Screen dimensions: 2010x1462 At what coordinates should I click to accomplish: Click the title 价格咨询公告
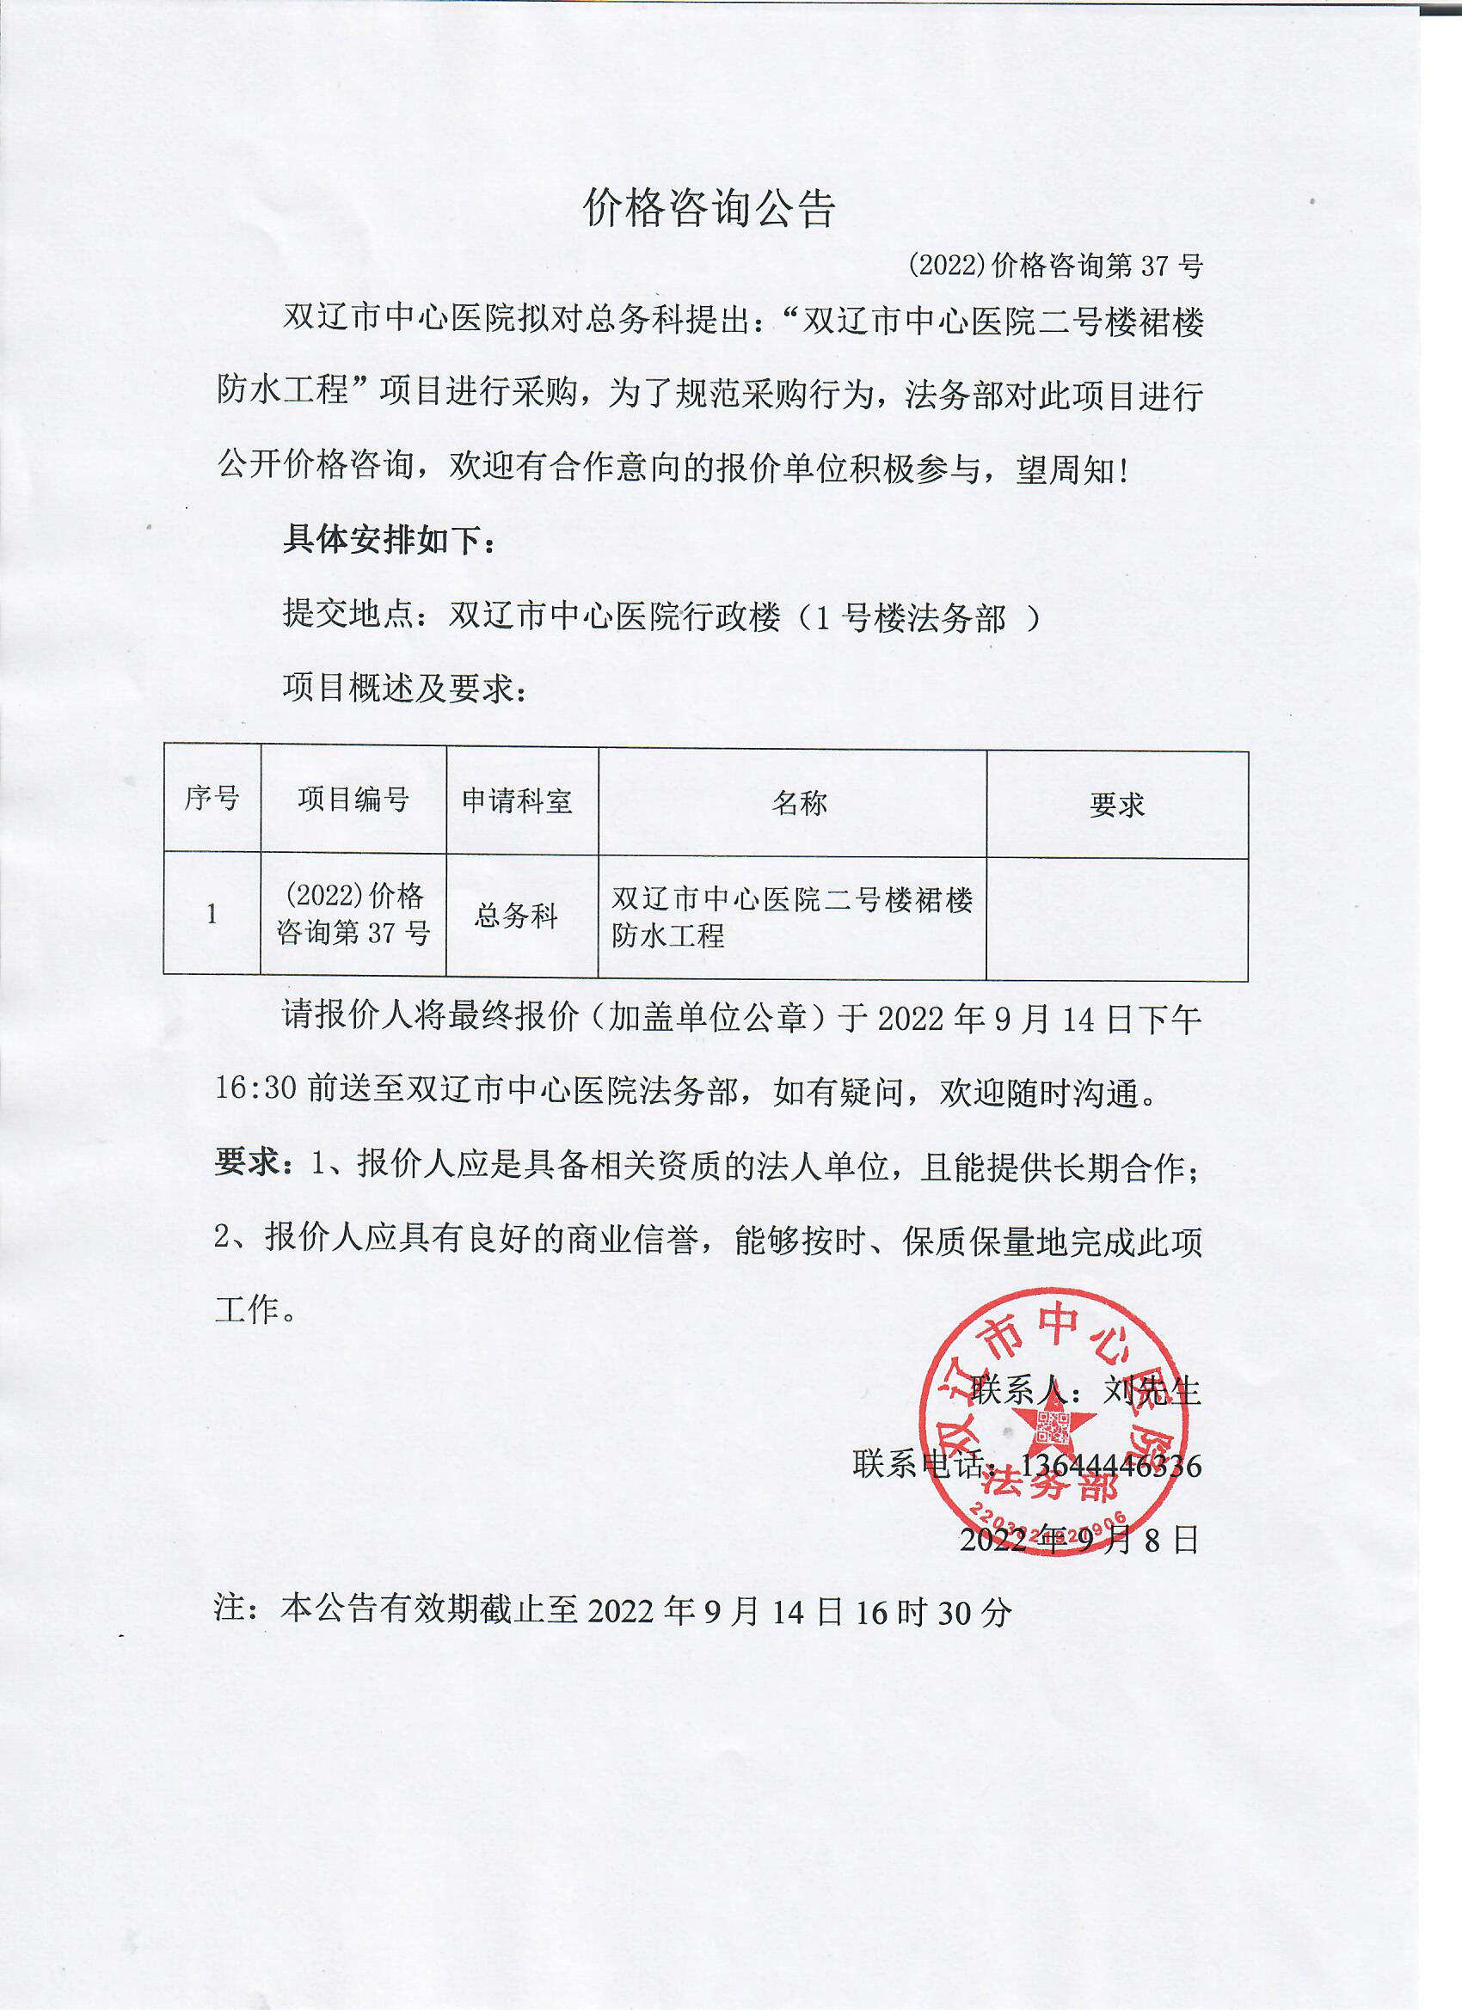pos(709,209)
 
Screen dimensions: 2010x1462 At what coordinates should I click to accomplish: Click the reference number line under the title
pos(1055,265)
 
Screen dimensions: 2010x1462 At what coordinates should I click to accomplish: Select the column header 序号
pos(212,799)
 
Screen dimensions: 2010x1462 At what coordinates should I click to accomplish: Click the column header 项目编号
pos(353,800)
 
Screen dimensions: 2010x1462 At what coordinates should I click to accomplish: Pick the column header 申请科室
pos(517,801)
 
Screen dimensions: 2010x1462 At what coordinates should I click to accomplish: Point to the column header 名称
pos(799,803)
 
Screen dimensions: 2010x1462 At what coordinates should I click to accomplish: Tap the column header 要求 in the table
pos(1116,805)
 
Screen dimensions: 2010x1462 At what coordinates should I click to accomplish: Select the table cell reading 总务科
pos(516,916)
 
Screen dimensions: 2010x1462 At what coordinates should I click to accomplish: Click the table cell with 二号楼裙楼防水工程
pos(792,917)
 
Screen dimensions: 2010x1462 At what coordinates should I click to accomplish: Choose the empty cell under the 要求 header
pos(1116,919)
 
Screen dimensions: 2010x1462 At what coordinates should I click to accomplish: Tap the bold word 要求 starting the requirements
pos(248,1162)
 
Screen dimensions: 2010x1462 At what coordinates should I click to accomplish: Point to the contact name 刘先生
pos(1151,1390)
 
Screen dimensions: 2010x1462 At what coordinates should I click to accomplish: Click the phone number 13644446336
pos(1110,1466)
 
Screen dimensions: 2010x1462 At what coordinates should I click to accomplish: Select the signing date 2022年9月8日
pos(1079,1541)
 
